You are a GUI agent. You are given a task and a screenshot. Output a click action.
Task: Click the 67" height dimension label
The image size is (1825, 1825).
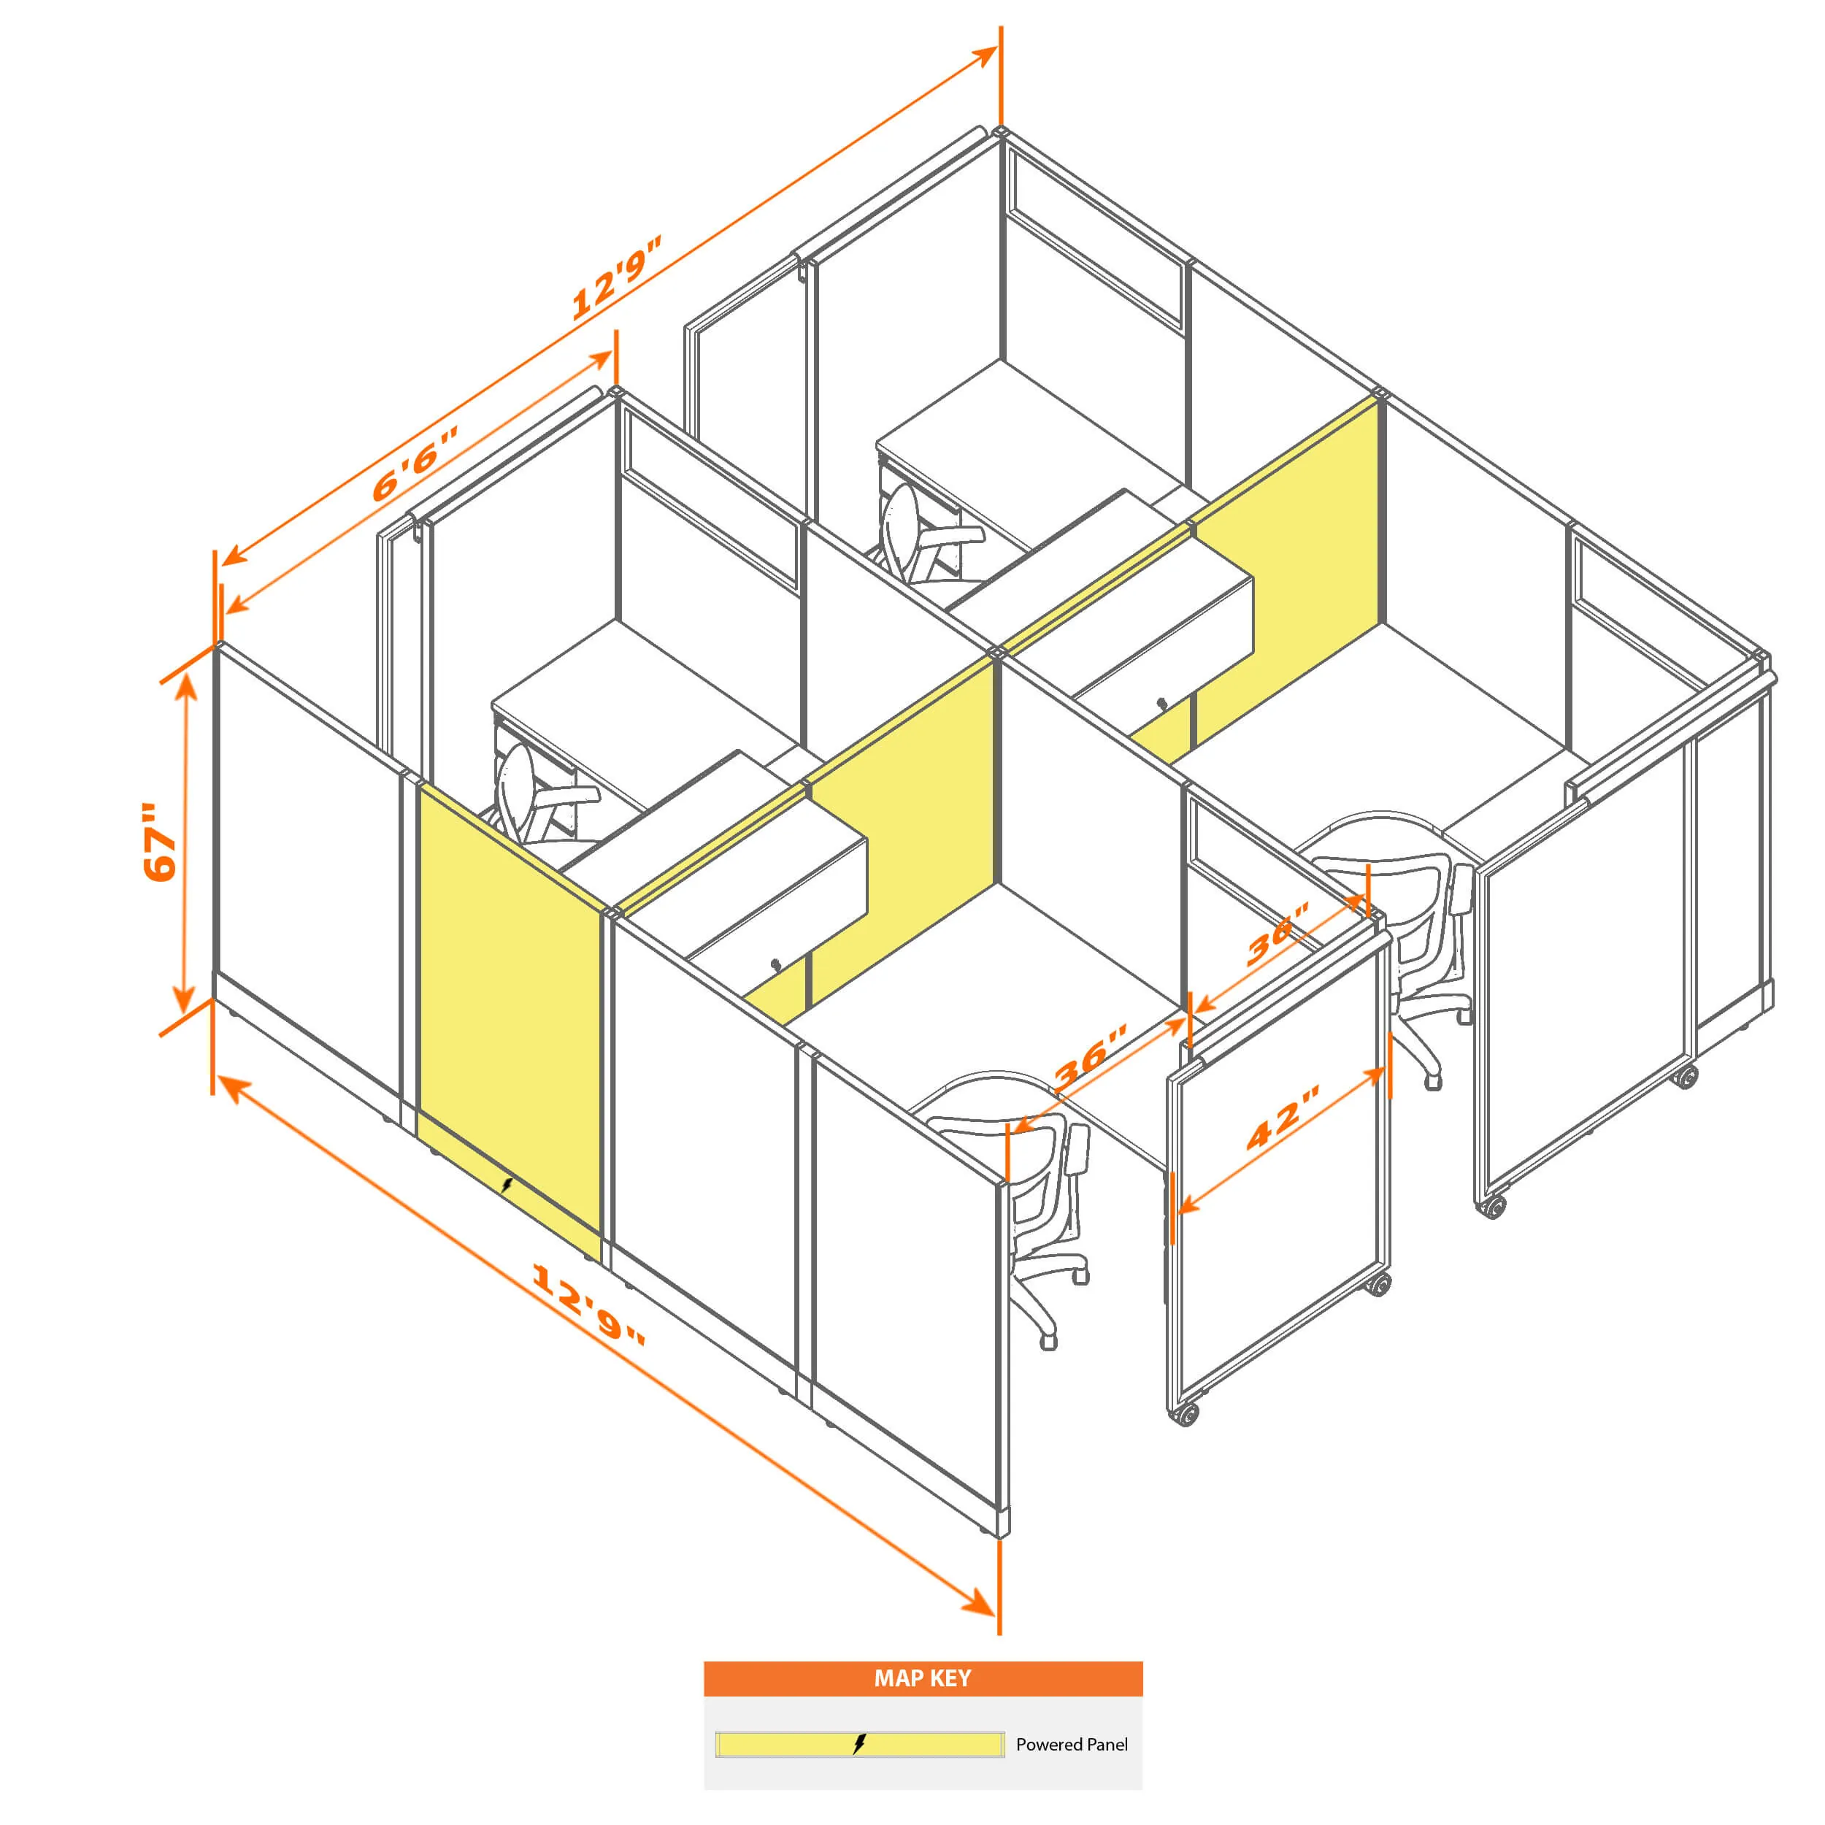click(161, 842)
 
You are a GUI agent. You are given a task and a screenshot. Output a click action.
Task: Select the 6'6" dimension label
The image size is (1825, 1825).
click(415, 463)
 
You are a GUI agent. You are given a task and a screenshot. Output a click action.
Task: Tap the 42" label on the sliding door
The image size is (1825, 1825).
click(1283, 1118)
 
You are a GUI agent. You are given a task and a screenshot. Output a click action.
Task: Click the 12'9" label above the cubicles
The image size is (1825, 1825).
click(616, 276)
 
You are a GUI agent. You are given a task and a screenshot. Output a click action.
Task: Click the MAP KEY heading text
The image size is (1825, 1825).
click(922, 1678)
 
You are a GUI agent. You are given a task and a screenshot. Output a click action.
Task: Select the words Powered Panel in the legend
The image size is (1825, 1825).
click(1071, 1744)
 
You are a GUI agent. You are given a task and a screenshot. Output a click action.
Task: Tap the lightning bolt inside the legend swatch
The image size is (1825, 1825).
click(858, 1744)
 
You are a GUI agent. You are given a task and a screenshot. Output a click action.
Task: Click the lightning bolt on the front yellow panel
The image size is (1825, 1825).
click(507, 1185)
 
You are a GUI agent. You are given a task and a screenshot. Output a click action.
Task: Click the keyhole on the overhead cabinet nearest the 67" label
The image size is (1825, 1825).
click(775, 965)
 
